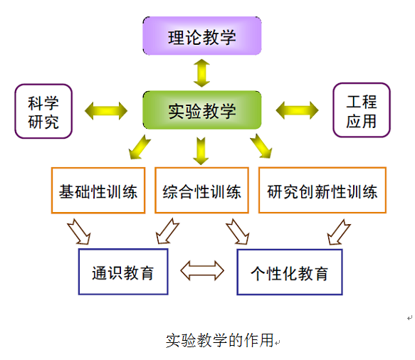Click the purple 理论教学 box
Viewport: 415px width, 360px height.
tap(202, 36)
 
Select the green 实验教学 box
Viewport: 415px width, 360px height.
tap(202, 110)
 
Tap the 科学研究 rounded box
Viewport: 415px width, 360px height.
tap(43, 111)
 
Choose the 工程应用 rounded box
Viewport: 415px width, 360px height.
tap(362, 110)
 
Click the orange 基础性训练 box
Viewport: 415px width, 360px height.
tap(98, 190)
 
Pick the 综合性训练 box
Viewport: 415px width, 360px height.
tap(201, 190)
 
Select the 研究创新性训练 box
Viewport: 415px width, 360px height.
tap(322, 190)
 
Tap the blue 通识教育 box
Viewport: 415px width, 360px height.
tap(123, 272)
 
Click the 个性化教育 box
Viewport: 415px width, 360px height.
tap(290, 272)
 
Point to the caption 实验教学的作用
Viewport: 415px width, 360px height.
tap(219, 340)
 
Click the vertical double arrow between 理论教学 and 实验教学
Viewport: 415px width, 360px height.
tap(201, 73)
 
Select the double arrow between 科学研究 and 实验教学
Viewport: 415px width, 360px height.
tap(106, 111)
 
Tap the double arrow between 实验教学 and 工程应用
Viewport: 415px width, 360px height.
tap(297, 110)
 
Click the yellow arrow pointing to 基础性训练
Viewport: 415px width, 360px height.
tap(140, 147)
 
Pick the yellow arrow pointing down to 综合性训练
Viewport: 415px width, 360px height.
tap(201, 151)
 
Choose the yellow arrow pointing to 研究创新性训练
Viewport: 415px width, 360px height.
tap(261, 147)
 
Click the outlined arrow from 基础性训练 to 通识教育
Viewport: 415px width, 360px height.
tap(79, 231)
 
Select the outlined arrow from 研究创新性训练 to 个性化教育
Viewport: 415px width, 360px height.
tap(339, 232)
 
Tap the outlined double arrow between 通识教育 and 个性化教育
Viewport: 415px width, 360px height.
tap(202, 270)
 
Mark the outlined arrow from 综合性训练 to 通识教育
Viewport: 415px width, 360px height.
tap(167, 231)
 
